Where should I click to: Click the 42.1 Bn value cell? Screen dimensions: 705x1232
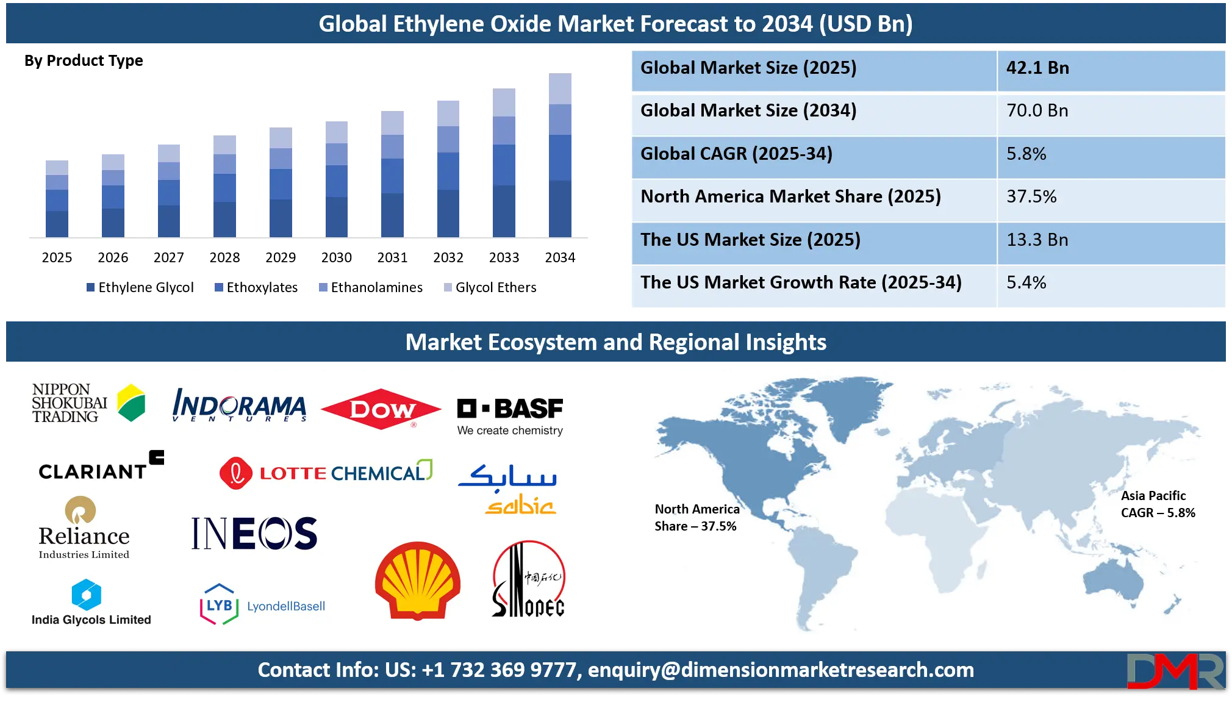1037,68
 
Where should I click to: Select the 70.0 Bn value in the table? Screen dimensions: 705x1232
1037,110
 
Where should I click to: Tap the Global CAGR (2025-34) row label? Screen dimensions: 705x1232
736,154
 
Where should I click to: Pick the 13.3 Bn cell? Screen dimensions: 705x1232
1037,240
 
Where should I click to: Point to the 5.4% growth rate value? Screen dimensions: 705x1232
1026,282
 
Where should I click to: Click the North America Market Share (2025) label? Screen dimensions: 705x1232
790,196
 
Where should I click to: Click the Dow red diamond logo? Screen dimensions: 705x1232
381,409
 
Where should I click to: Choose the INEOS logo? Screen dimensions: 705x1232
254,534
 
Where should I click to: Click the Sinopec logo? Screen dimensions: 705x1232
528,579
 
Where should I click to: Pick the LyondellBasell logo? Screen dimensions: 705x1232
263,605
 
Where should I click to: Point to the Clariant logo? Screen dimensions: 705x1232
101,467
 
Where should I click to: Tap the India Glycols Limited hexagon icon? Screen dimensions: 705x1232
87,595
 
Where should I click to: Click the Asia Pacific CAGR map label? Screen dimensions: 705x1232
1157,504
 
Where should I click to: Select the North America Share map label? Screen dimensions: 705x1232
697,518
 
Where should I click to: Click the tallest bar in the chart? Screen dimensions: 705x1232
560,155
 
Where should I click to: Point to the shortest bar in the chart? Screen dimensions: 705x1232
56,196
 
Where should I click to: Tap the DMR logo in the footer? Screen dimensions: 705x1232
1175,671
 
